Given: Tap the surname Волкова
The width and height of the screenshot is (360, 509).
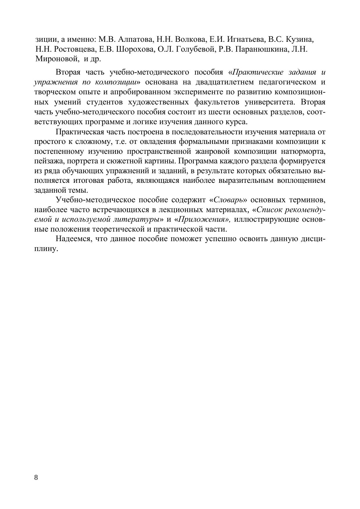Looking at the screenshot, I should (189, 39).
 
